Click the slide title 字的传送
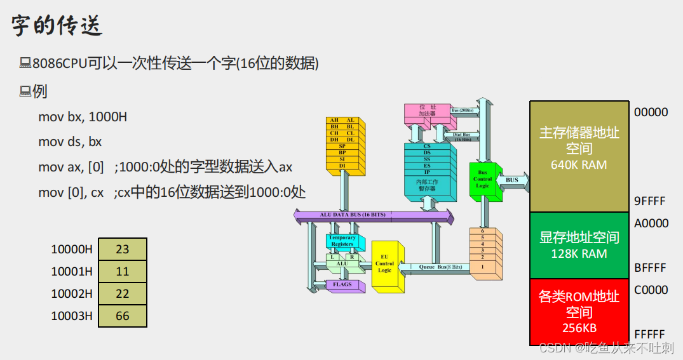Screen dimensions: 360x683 [57, 26]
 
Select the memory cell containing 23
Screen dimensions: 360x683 [123, 250]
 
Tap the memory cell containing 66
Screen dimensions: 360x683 [123, 316]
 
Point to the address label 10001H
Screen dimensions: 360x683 [72, 272]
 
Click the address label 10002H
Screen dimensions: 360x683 [72, 294]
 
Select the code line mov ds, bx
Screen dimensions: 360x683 [70, 142]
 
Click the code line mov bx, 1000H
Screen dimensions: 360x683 [83, 117]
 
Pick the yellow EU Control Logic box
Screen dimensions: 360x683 [385, 266]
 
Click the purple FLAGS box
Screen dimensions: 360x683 [343, 285]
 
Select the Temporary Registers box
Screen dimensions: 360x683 [342, 241]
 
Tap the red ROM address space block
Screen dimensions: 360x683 [579, 312]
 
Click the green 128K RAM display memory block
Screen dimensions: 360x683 [579, 245]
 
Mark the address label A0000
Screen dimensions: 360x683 [651, 223]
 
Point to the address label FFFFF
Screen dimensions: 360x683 [649, 335]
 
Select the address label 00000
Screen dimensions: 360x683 [651, 112]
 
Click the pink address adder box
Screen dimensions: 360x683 [426, 112]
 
